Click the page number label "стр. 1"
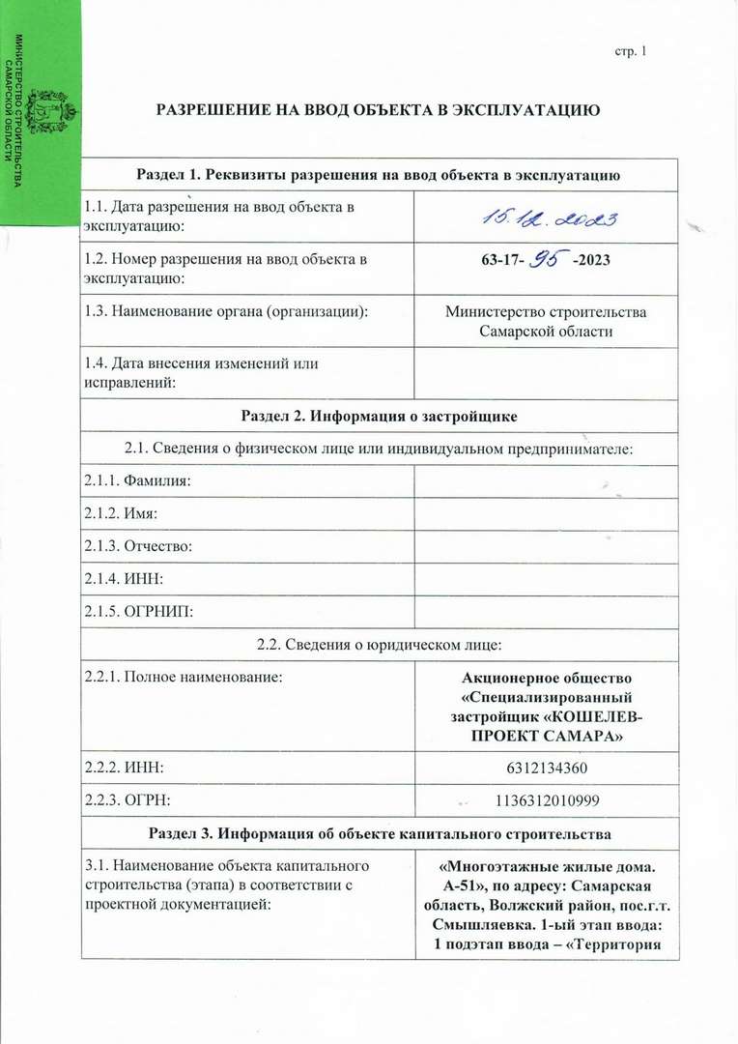tap(629, 50)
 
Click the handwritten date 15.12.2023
tap(546, 219)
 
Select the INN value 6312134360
tap(546, 768)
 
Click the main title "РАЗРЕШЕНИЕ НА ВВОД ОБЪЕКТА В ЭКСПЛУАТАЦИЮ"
tap(379, 110)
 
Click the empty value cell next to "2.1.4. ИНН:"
tap(546, 579)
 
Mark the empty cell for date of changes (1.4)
tap(546, 373)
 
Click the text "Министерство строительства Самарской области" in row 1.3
tap(546, 322)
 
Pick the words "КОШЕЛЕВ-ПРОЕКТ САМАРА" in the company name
tap(546, 727)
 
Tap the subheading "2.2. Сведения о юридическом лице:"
tap(379, 645)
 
